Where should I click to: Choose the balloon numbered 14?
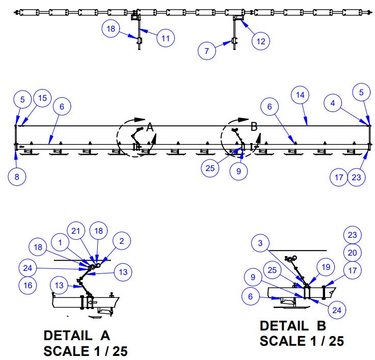click(x=300, y=95)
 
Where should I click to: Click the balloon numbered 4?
click(x=333, y=103)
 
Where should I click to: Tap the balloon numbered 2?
click(x=122, y=242)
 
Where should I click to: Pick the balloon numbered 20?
click(x=352, y=252)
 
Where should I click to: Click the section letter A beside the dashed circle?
click(x=150, y=127)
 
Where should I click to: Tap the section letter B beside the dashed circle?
click(x=254, y=127)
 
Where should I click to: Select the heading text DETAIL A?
click(x=77, y=336)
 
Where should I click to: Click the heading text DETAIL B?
click(x=293, y=326)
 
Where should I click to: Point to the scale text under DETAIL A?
click(x=86, y=351)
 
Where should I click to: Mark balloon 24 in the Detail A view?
click(x=28, y=266)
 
